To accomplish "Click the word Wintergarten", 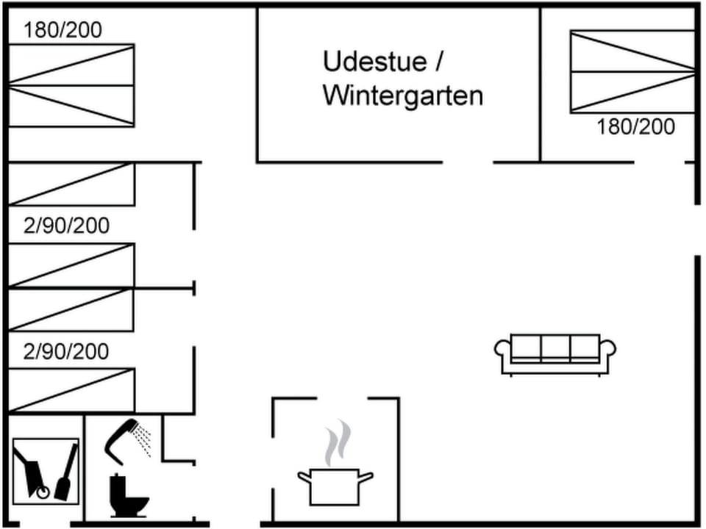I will [x=402, y=96].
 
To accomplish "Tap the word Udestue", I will [x=374, y=62].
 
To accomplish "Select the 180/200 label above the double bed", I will [x=63, y=30].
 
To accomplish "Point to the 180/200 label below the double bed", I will [x=635, y=127].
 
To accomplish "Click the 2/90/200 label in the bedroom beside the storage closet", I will [x=66, y=351].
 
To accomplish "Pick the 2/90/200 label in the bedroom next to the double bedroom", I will [x=66, y=226].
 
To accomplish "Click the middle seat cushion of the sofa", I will [x=555, y=347].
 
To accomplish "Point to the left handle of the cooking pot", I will [x=304, y=478].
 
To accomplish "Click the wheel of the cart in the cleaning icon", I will [x=43, y=493].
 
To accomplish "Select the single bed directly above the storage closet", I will [x=71, y=390].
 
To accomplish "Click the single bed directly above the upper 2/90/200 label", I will [x=71, y=184].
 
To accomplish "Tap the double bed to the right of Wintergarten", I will [x=632, y=71].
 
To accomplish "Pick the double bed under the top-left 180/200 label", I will [x=71, y=85].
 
